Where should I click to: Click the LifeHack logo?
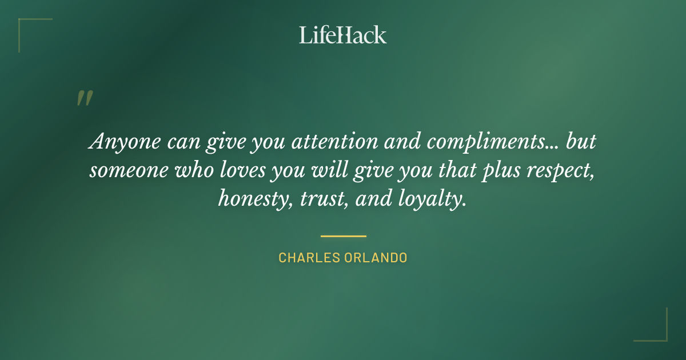[x=342, y=35]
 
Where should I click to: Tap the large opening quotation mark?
[x=84, y=99]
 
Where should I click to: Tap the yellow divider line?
[x=343, y=235]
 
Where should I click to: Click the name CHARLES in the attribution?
[x=309, y=258]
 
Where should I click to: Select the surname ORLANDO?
[x=376, y=258]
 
